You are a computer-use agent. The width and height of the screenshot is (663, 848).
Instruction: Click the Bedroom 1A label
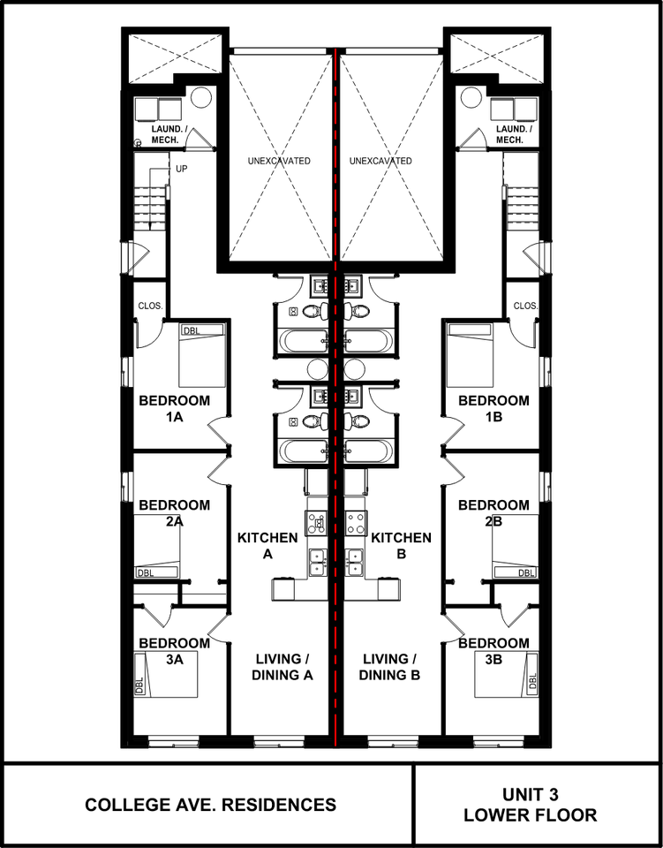pos(174,408)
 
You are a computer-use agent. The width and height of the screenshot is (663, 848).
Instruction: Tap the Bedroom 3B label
pos(493,651)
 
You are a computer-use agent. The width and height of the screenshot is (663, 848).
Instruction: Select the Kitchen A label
pos(267,546)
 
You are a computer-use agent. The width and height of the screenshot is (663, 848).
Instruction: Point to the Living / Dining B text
pos(389,667)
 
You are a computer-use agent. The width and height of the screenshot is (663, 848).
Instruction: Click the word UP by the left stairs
pos(182,170)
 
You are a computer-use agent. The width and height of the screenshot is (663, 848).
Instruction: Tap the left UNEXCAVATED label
pos(279,161)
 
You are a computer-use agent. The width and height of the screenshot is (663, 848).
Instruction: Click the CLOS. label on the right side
pos(525,306)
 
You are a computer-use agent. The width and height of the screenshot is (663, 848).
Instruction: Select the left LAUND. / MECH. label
pos(170,134)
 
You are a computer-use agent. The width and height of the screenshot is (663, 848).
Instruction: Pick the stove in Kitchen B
pos(356,523)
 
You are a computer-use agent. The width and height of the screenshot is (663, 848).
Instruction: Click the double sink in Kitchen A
pos(317,562)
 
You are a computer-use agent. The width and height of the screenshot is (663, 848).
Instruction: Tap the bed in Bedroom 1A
pos(201,355)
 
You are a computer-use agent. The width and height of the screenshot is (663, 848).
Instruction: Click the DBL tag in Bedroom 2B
pos(526,572)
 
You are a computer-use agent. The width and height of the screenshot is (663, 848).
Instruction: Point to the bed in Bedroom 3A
pos(167,674)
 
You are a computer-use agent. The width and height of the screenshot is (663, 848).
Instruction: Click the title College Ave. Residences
pos(211,805)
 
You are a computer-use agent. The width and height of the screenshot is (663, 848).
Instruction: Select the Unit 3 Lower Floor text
pos(530,805)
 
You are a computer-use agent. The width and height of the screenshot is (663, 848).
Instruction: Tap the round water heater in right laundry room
pos(470,97)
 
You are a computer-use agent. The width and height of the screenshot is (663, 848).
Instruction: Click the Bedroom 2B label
pos(493,512)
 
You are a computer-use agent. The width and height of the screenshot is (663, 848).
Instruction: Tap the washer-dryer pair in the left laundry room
pos(158,109)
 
